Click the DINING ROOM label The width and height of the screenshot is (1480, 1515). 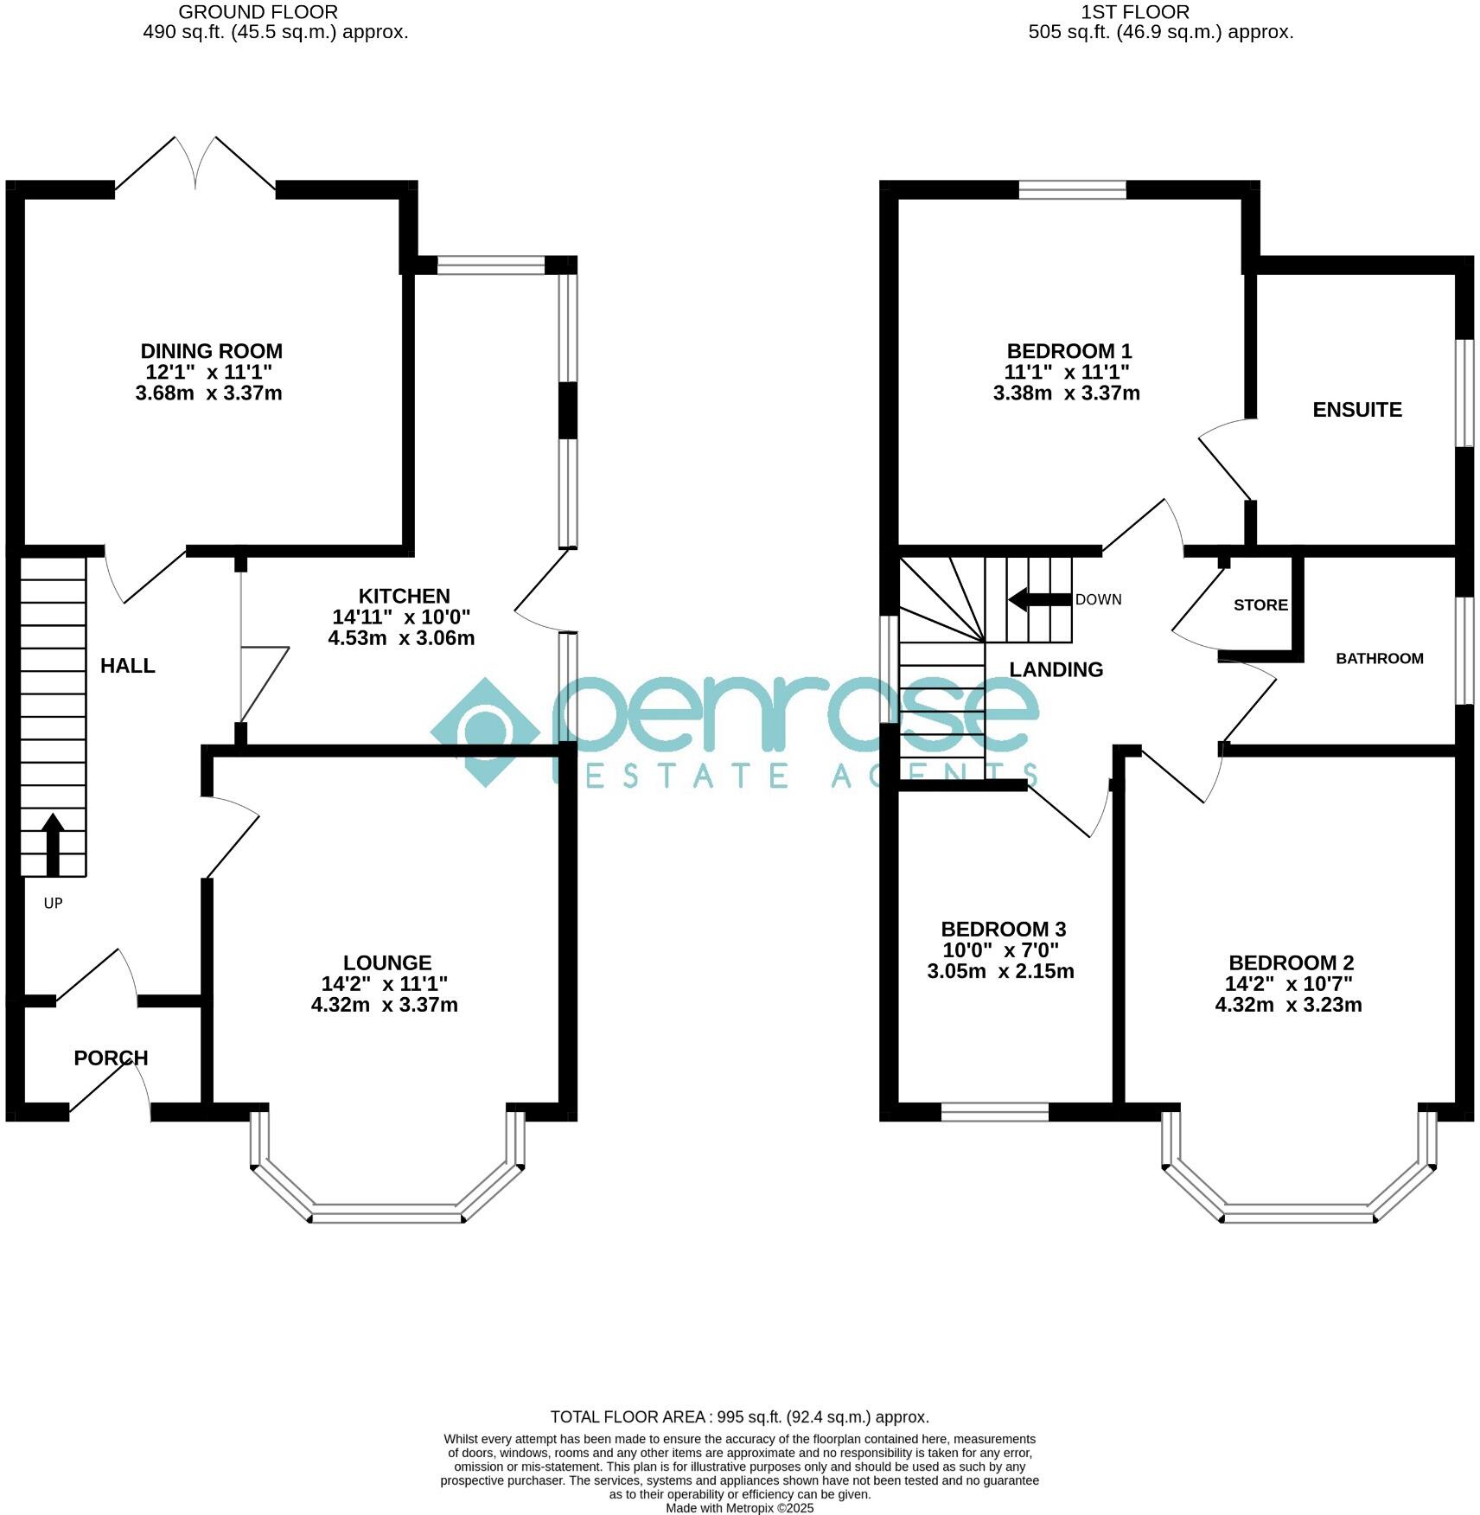point(211,351)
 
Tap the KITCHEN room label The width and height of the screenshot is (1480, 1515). point(404,596)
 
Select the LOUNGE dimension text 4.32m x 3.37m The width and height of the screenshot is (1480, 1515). point(384,1005)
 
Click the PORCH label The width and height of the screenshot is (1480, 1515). point(111,1058)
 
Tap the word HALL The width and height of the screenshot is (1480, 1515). point(127,665)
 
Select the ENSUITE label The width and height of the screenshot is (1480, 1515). point(1356,410)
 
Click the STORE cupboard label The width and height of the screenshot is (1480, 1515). point(1260,605)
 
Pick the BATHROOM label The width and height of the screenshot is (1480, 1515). point(1379,658)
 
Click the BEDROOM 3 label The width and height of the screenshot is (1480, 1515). point(1003,930)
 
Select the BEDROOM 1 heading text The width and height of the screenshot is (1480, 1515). point(1069,351)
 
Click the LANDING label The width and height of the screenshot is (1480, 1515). point(1056,669)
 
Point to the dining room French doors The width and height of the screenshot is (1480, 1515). point(195,164)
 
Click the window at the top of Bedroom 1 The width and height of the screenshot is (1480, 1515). point(1072,189)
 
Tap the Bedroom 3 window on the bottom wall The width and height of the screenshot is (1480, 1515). point(994,1112)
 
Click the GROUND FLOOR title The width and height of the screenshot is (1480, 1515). point(258,12)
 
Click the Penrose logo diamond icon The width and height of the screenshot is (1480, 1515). point(485,732)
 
